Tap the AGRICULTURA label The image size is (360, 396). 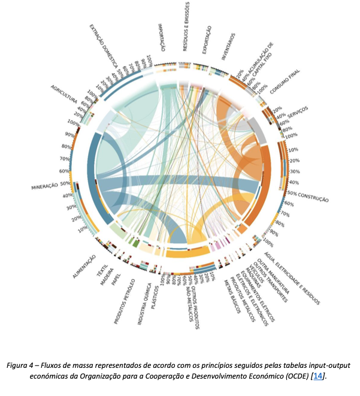tap(64, 96)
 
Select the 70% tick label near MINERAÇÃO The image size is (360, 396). tap(64, 159)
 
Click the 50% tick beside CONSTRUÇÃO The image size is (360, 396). tap(292, 192)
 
